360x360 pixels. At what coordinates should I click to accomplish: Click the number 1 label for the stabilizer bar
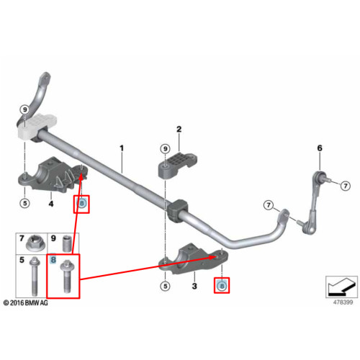click(x=122, y=148)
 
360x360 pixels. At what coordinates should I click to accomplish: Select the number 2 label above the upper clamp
click(x=179, y=130)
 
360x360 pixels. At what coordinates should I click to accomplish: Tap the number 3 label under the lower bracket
click(x=194, y=286)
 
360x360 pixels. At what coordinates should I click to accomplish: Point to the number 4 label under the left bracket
click(x=51, y=204)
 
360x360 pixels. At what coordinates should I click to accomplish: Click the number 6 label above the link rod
click(x=320, y=148)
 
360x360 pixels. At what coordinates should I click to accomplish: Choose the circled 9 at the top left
click(x=24, y=110)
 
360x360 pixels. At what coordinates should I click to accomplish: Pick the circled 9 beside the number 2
click(x=165, y=149)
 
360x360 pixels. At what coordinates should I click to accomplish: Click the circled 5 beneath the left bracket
click(x=24, y=204)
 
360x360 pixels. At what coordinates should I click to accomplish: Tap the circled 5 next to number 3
click(x=165, y=286)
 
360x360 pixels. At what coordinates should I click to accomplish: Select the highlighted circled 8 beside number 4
click(x=81, y=204)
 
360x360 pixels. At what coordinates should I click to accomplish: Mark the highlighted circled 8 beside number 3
click(x=222, y=286)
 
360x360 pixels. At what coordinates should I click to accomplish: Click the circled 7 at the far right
click(x=346, y=186)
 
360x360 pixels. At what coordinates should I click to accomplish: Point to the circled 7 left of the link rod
click(x=269, y=205)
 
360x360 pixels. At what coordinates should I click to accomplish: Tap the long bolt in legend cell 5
click(x=34, y=276)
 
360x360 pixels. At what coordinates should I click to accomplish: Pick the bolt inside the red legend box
click(x=66, y=277)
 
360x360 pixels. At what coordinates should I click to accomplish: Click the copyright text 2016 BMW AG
click(x=26, y=303)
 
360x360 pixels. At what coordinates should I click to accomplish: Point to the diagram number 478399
click(x=343, y=302)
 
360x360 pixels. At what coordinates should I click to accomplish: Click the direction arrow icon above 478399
click(x=341, y=287)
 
